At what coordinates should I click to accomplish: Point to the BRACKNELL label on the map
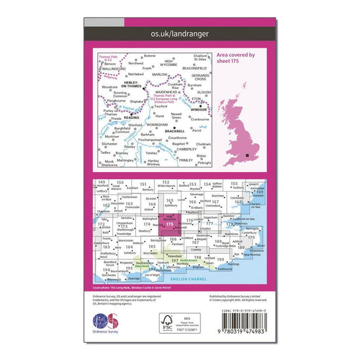(179, 132)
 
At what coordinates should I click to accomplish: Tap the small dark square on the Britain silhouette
(247, 154)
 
